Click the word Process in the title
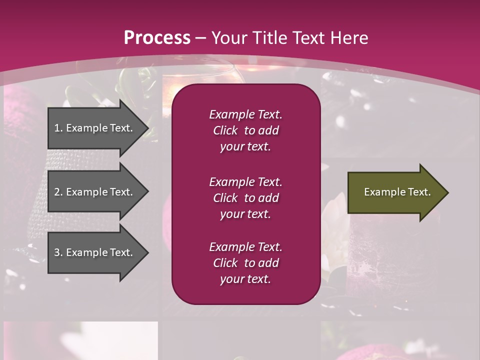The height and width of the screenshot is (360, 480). [x=157, y=38]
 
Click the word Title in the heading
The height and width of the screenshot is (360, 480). [x=269, y=38]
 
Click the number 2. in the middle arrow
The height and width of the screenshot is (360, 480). [x=58, y=192]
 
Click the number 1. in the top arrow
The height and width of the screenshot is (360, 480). [x=58, y=128]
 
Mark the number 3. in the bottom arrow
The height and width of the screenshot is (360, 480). [x=58, y=252]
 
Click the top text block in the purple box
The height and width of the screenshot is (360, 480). [x=245, y=130]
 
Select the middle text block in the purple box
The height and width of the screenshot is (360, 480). [x=245, y=198]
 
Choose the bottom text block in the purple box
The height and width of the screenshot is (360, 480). [x=245, y=263]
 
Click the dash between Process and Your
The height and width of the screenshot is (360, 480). [x=200, y=38]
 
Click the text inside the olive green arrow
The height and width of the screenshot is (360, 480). [x=397, y=192]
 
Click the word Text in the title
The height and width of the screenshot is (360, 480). [x=309, y=38]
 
